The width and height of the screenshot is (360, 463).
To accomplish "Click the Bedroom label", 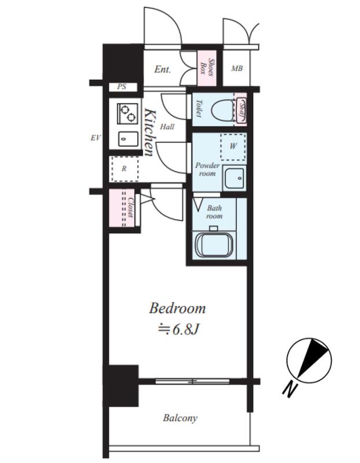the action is (177, 308).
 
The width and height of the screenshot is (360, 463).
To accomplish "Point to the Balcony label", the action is (180, 418).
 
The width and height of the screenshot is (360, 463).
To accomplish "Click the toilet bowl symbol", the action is (222, 109).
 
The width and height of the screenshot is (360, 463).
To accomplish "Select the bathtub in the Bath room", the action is (214, 245).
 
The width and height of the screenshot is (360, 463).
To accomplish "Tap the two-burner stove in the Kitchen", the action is (128, 113).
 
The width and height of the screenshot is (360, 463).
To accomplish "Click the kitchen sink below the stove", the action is (128, 139).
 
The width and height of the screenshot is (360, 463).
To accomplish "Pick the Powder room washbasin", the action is (234, 178).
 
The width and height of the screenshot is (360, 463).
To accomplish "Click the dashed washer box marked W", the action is (233, 147).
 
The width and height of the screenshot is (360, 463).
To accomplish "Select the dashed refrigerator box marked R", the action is (124, 169).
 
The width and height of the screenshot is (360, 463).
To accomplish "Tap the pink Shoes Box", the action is (207, 68).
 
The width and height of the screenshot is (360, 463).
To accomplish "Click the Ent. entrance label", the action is (163, 69).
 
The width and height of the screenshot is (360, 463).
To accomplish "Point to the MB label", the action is (237, 68).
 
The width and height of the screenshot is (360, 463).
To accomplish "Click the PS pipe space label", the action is (122, 87).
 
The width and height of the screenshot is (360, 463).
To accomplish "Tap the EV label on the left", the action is (95, 138).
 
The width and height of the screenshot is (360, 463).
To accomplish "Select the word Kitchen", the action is (150, 133).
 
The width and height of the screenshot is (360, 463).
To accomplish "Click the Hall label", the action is (167, 127).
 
